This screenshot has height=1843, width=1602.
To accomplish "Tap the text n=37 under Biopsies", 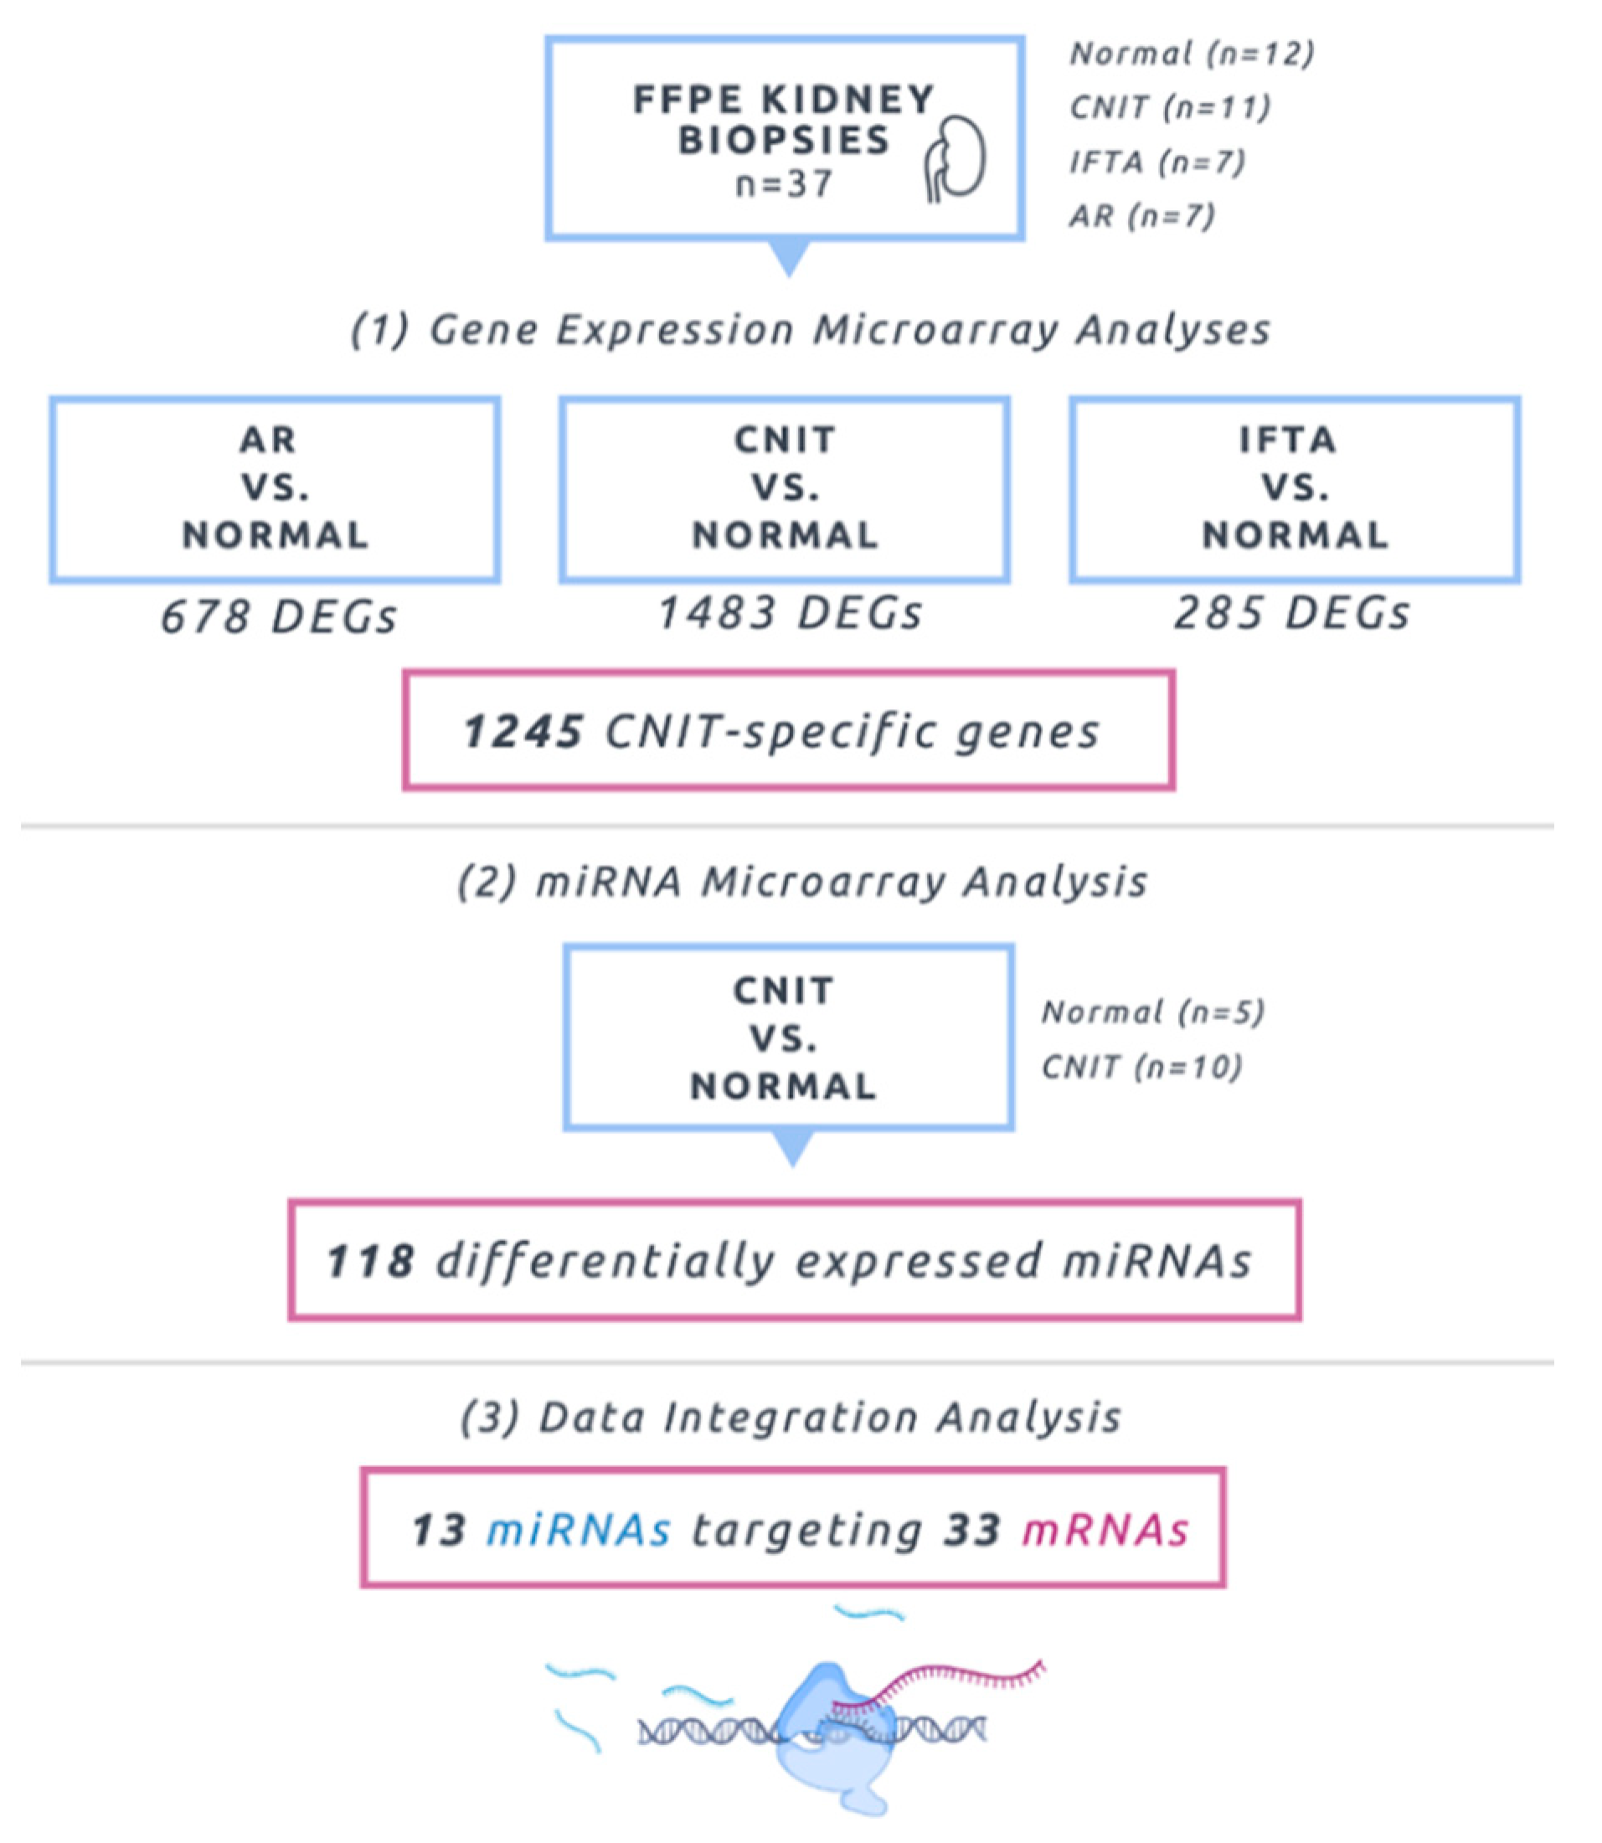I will [784, 184].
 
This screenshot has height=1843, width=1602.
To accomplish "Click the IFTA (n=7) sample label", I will [1156, 162].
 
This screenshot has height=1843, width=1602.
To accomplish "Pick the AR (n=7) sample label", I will [1141, 216].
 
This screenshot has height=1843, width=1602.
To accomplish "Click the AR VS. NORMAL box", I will [275, 489].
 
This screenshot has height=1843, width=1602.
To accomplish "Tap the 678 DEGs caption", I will [278, 618].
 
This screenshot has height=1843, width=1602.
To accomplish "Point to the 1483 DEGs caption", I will [790, 614].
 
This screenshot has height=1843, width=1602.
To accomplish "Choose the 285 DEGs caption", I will [1292, 614].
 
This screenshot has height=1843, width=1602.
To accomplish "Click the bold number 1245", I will [523, 732].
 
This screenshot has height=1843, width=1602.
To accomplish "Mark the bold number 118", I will [370, 1261].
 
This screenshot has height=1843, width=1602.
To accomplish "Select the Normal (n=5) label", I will [1152, 1012].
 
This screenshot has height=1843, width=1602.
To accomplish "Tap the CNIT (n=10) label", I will [1141, 1067].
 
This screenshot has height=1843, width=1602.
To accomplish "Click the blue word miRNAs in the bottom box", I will [579, 1529].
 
